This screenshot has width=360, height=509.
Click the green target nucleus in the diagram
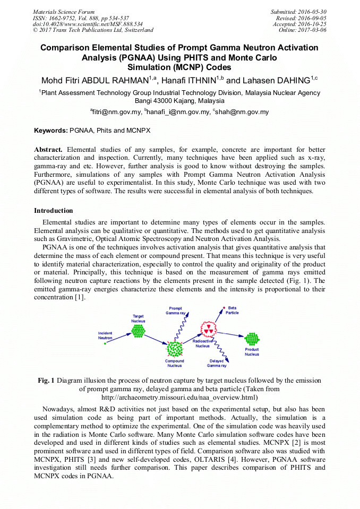[138, 331]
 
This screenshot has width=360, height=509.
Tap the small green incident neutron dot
[105, 344]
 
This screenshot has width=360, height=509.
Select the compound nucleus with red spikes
[175, 349]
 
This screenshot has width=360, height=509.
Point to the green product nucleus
[251, 339]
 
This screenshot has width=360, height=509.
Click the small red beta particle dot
[223, 308]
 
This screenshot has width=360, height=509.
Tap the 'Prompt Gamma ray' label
[175, 310]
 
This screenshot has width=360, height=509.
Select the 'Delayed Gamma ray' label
[217, 364]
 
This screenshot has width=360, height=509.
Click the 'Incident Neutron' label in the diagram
[105, 335]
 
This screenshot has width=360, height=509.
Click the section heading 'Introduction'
[54, 211]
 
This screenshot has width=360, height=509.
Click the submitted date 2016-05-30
[312, 12]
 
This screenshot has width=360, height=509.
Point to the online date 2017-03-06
[312, 30]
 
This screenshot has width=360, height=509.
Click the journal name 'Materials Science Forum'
[64, 12]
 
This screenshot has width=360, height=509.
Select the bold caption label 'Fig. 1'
[46, 381]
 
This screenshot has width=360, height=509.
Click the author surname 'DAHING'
[292, 81]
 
